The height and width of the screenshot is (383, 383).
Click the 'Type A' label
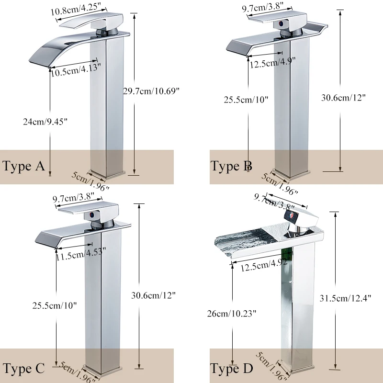pos(23,166)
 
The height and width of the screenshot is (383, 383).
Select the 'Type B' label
pos(231,166)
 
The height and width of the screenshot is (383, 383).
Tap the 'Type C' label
pos(23,368)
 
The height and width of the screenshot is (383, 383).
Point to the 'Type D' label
pos(231,369)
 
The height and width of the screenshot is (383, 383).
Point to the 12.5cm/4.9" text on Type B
pos(272,61)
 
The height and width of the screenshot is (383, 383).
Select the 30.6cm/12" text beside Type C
pos(153,295)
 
